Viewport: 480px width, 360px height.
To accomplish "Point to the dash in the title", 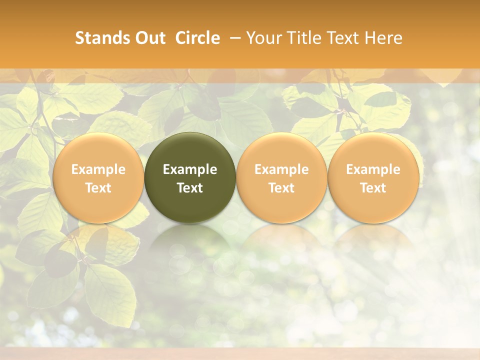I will (233, 38).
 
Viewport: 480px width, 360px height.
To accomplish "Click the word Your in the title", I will (261, 38).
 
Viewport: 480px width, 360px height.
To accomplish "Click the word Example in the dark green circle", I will (190, 169).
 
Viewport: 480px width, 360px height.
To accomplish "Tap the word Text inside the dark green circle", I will (190, 188).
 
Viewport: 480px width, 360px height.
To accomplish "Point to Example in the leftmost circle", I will (98, 169).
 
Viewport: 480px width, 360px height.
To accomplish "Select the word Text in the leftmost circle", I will (98, 188).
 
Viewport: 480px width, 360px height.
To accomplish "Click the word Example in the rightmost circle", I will (373, 169).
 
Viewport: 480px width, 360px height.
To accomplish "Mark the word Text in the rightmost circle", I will (373, 188).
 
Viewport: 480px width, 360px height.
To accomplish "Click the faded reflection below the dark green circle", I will (190, 245).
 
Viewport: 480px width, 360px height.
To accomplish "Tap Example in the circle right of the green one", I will (281, 169).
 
